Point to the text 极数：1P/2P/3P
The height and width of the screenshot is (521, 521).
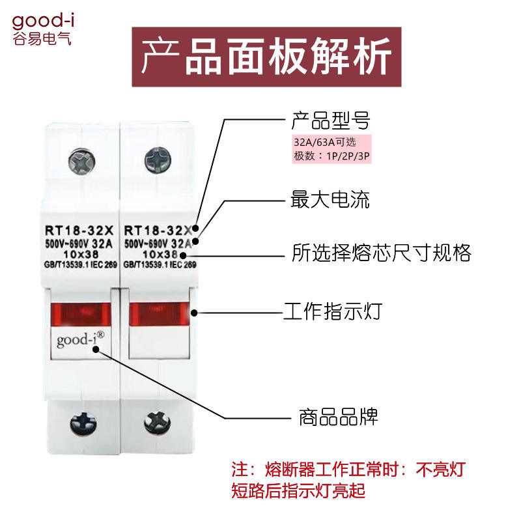point(332,157)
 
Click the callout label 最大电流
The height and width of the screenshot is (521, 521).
point(330,199)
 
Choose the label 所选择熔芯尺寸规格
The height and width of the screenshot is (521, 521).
point(381,253)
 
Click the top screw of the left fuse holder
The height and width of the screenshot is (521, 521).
point(81,161)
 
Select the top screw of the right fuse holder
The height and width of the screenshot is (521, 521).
point(158,159)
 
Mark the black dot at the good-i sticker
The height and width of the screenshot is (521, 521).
point(96,348)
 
